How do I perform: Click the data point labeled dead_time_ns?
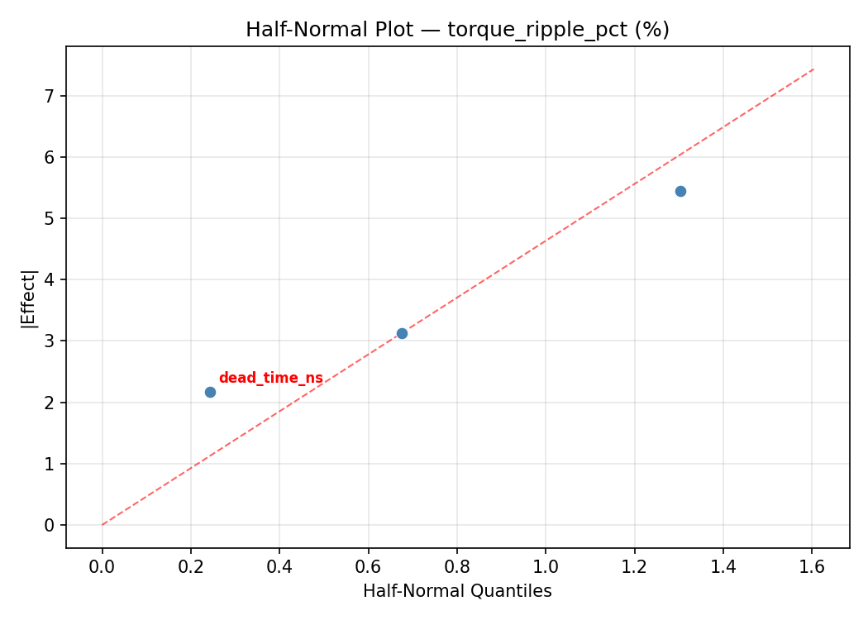point(210,392)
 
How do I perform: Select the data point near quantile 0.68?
point(402,333)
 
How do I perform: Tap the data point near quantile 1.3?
point(680,191)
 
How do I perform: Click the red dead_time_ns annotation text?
point(270,379)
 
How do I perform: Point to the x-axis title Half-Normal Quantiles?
point(457,591)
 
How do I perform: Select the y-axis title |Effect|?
point(30,298)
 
